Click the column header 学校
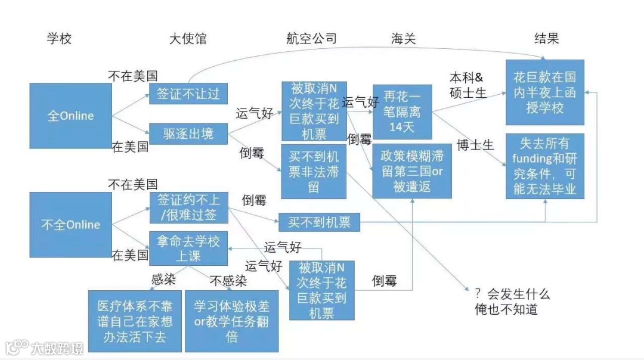click(x=59, y=39)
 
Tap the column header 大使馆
click(x=188, y=39)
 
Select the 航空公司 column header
click(x=312, y=39)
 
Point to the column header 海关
click(x=403, y=39)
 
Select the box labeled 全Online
click(x=70, y=116)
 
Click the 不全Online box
click(x=70, y=225)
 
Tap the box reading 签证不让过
click(x=188, y=94)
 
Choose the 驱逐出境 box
click(x=188, y=133)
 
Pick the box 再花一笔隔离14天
click(x=402, y=111)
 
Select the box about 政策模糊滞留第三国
click(x=412, y=171)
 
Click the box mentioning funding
click(x=544, y=166)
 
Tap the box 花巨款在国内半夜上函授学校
click(x=544, y=92)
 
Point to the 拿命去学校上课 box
click(x=188, y=249)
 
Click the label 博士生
click(x=476, y=145)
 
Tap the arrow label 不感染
click(x=228, y=281)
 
